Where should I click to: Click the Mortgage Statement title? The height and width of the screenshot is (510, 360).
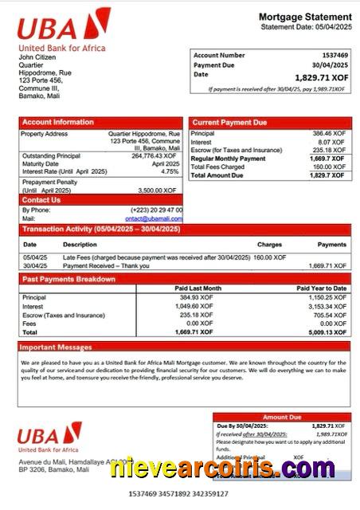click(305, 17)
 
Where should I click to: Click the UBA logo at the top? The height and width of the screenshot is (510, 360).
click(63, 25)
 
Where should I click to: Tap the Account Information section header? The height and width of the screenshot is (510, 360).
click(58, 122)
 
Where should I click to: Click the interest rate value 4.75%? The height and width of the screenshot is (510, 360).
click(170, 171)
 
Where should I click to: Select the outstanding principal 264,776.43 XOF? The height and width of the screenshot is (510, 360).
click(155, 155)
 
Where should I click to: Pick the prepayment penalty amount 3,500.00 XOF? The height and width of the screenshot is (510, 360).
click(161, 190)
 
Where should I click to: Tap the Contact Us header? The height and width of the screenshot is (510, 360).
click(41, 200)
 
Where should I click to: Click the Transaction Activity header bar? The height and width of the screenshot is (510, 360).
click(101, 229)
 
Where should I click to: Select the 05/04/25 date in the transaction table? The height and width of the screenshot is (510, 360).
click(35, 257)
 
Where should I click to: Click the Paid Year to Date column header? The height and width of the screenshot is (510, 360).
click(321, 288)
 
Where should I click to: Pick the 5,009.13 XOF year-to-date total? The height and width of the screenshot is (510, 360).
click(327, 332)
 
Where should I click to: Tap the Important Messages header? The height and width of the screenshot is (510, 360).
click(57, 347)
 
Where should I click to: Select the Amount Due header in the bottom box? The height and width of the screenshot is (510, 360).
click(282, 417)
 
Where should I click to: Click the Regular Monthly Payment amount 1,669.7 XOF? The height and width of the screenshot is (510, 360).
click(327, 159)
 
